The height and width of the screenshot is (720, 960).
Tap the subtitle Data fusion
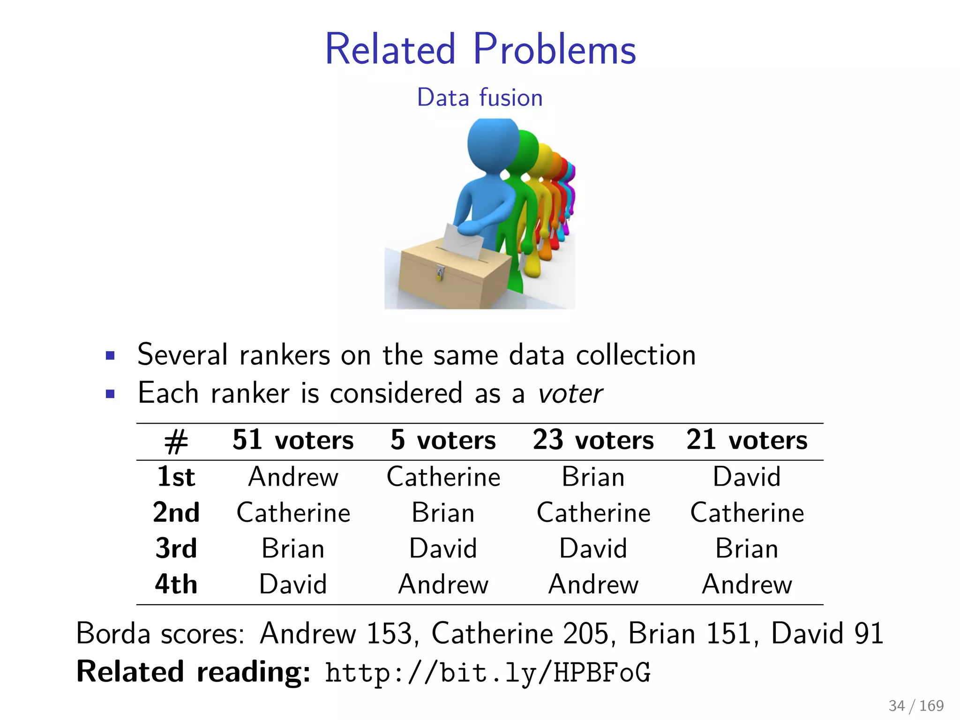480,97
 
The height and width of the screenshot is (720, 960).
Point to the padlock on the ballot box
440,272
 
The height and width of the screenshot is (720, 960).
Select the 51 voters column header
293,441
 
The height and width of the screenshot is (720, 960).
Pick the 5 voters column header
443,441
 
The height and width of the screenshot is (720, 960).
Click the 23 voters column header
593,441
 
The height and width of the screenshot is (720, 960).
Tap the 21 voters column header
747,441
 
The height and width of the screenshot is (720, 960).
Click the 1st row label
176,477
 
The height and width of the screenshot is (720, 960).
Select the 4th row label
176,585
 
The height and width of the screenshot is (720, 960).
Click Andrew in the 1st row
293,477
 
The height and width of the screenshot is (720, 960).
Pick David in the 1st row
747,477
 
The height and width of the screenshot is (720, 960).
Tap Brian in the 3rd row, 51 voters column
293,548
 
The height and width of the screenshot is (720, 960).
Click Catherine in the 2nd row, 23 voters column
593,513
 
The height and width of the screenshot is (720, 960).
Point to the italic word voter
570,394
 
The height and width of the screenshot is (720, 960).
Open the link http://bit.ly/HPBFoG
487,672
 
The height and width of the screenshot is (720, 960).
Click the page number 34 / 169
916,705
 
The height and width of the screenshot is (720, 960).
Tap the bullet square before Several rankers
111,355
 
